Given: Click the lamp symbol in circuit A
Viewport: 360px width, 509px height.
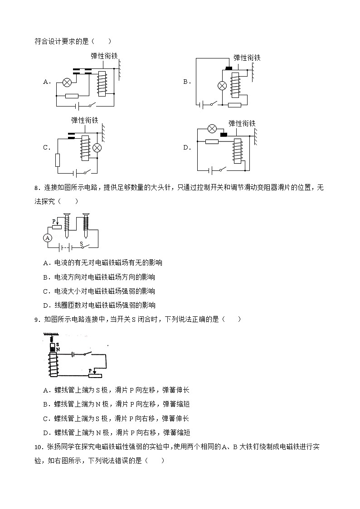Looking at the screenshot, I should [x=67, y=82].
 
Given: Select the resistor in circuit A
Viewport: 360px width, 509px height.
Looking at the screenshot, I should [x=72, y=96].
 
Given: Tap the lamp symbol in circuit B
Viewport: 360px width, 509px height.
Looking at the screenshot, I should [x=223, y=86].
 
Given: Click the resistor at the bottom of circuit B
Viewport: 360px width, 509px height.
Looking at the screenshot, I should [x=234, y=105].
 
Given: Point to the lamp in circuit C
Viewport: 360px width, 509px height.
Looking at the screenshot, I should [x=96, y=148].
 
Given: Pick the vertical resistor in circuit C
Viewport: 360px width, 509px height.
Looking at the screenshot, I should [x=58, y=160].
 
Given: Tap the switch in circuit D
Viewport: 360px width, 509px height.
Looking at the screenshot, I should [x=222, y=170].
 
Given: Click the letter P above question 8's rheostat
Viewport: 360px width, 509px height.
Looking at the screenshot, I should [x=54, y=221].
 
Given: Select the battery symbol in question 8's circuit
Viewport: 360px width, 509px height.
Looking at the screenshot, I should [x=66, y=248].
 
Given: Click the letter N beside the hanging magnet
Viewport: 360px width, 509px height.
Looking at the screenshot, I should [x=58, y=349].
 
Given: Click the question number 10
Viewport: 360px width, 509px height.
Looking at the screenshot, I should [x=38, y=447].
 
